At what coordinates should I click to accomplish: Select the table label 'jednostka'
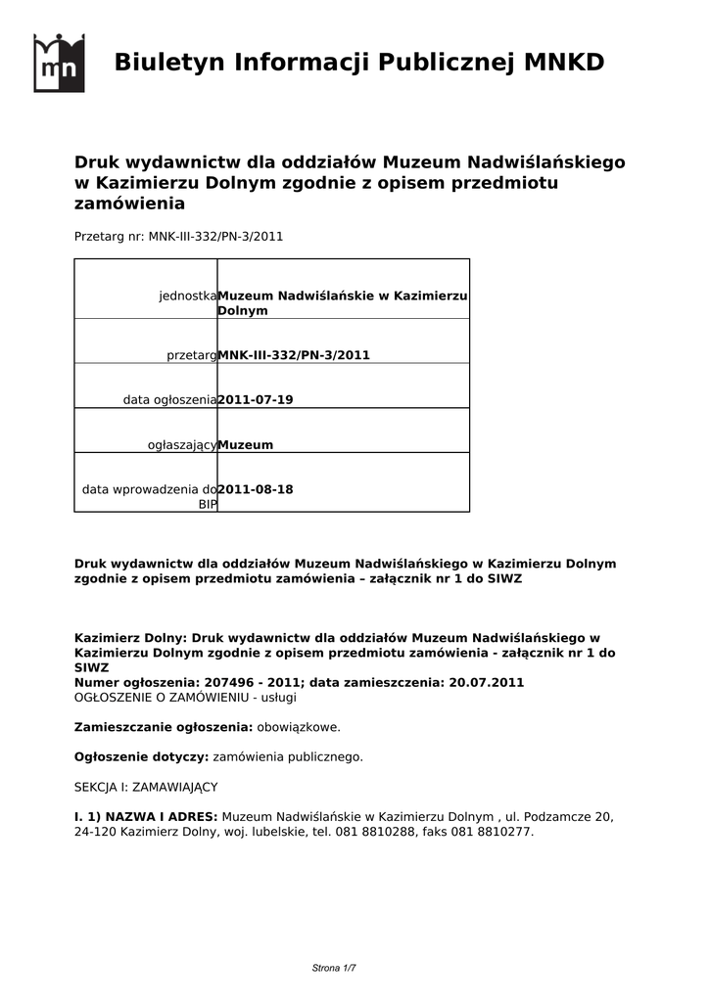(x=187, y=296)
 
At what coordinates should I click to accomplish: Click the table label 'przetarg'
(x=191, y=355)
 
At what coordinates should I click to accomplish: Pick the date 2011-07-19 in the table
(x=255, y=400)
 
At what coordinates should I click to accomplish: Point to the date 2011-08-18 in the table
(x=255, y=489)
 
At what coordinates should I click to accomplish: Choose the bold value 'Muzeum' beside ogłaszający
(x=245, y=445)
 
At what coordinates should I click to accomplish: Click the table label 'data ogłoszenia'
(x=169, y=400)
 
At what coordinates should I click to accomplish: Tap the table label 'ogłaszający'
(x=181, y=445)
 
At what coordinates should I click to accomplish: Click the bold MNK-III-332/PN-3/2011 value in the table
(x=294, y=355)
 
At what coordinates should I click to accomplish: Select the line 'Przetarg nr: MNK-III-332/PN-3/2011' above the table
(x=178, y=236)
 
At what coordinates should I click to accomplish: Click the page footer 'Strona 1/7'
(x=334, y=968)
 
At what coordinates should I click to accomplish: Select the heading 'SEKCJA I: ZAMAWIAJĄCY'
(x=146, y=787)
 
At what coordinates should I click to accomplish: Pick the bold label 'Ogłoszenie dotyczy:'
(x=141, y=756)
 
